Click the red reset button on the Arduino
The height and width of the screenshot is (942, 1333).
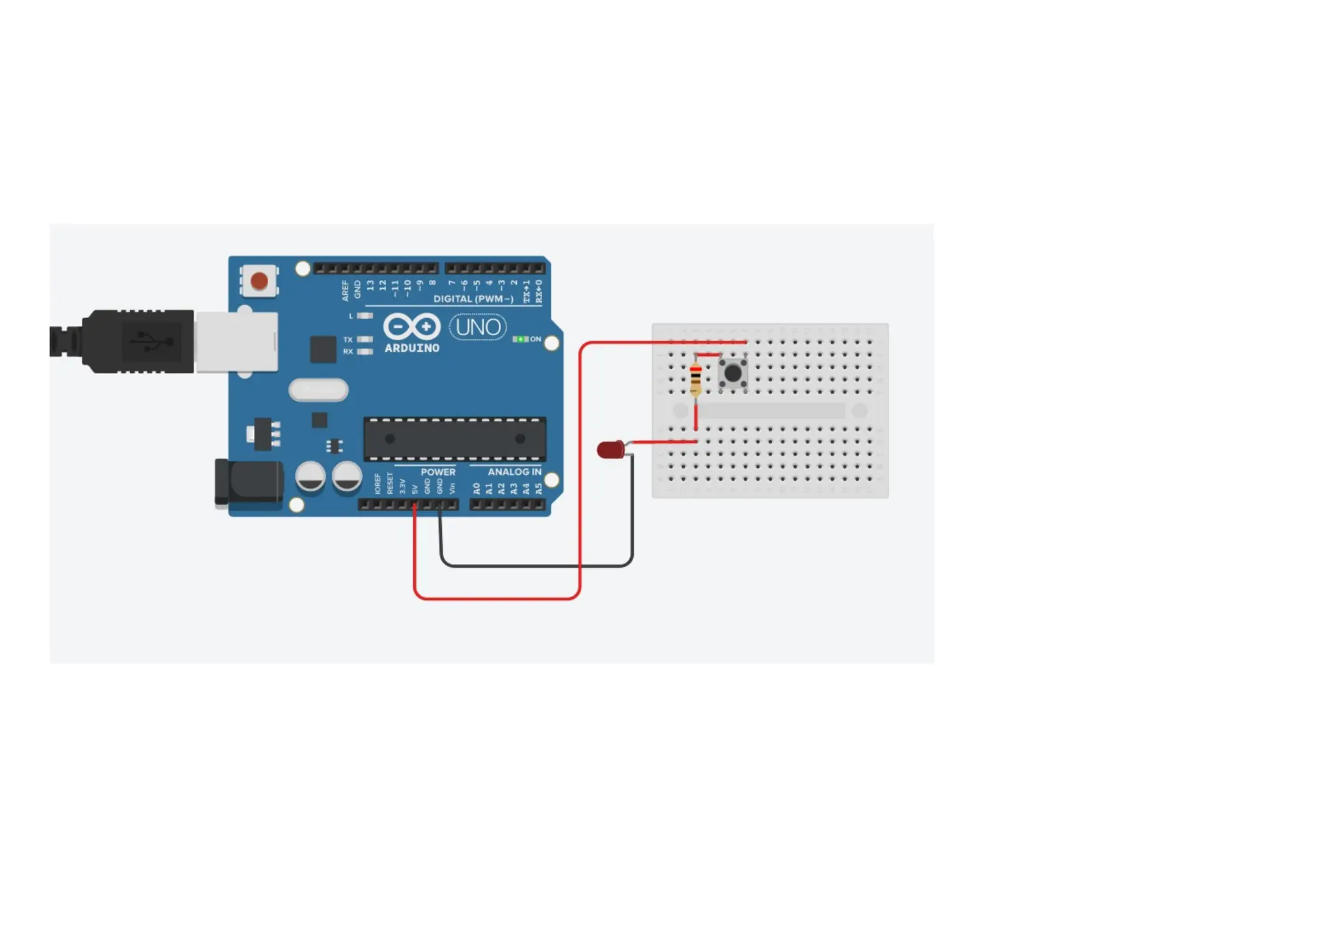259,281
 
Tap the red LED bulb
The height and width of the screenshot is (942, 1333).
610,450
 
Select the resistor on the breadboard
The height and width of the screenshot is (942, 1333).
695,378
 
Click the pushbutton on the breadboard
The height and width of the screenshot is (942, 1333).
733,373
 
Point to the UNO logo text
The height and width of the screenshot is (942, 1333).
478,327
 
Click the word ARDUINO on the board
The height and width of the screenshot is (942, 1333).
412,348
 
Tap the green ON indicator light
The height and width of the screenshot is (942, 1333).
520,339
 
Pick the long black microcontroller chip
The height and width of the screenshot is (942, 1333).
454,439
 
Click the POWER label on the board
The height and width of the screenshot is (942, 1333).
438,472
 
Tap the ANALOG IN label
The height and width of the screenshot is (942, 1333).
514,472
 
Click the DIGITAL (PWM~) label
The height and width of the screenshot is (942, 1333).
473,299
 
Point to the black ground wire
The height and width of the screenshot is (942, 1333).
534,566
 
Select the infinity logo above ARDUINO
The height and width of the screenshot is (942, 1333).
411,327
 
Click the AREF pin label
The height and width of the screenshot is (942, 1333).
345,290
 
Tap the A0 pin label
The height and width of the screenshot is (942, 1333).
476,488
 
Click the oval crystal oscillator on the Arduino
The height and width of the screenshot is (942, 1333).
318,390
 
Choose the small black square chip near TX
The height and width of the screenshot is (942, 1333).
323,349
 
